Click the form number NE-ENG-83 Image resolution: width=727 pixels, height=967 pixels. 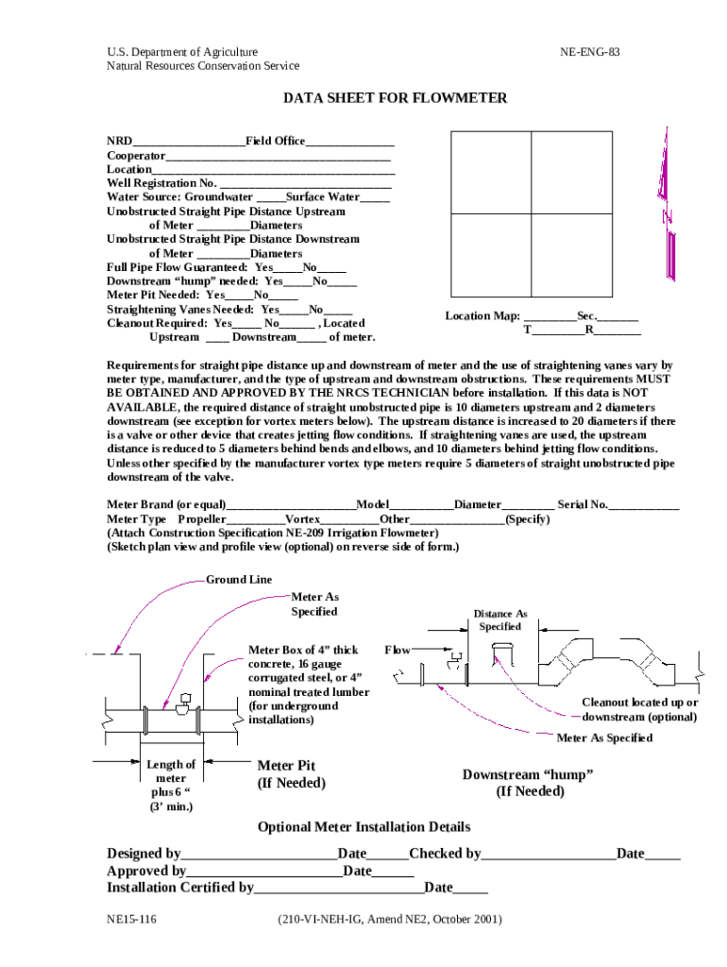pos(589,52)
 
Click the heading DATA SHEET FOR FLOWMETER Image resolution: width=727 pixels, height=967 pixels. pos(396,98)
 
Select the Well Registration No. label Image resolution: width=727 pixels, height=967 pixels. pos(161,183)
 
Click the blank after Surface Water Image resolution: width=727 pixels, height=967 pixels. pos(375,198)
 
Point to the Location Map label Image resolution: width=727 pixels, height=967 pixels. pos(482,315)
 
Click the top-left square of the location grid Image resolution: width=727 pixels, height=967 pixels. pos(491,171)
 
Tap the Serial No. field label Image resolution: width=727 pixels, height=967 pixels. pos(583,505)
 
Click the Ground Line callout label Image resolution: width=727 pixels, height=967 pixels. pos(239,580)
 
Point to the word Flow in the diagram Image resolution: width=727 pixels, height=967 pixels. pos(397,650)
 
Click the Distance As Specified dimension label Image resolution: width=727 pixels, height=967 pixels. pos(499,620)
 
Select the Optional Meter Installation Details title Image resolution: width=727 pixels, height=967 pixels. pos(363,827)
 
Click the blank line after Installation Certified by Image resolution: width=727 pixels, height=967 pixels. pos(339,889)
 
